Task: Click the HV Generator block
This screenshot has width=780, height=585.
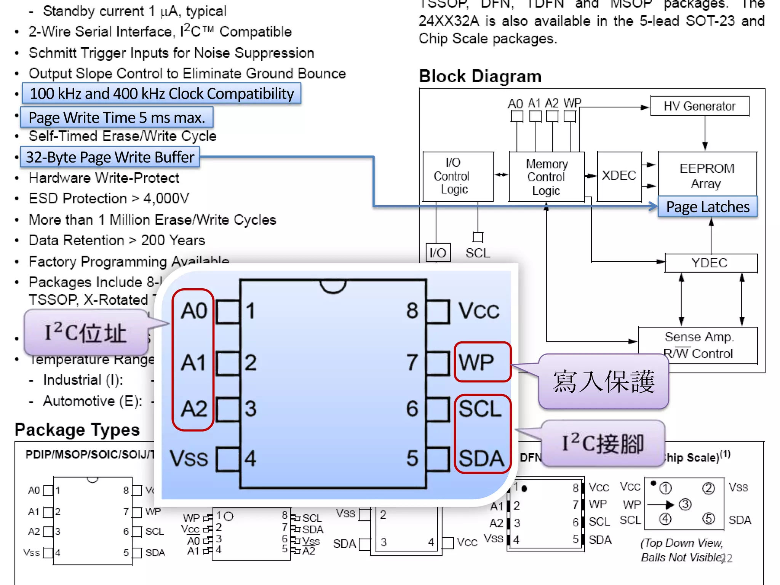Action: coord(699,106)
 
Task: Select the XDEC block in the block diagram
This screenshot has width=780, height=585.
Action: coord(619,176)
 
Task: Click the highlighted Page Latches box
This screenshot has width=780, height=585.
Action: coord(707,207)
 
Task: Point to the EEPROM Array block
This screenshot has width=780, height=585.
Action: coord(707,175)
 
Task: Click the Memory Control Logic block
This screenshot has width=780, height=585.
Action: coord(546,177)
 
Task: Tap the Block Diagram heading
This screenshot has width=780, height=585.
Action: coord(480,76)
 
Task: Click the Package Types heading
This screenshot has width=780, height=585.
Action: coord(77,430)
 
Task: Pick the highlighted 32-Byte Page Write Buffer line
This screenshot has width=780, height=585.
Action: coord(110,157)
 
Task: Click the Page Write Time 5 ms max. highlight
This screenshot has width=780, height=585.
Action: coord(117,117)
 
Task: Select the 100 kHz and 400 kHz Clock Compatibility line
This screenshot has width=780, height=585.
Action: coord(161,94)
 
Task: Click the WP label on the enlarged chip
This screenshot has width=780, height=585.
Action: coord(477,362)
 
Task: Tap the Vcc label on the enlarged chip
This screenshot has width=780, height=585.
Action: coord(478,311)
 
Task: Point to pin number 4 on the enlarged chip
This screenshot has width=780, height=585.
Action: coord(250,458)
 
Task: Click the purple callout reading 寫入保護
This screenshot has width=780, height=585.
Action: coord(604,382)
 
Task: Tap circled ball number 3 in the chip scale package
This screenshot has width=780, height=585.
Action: coord(685,505)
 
